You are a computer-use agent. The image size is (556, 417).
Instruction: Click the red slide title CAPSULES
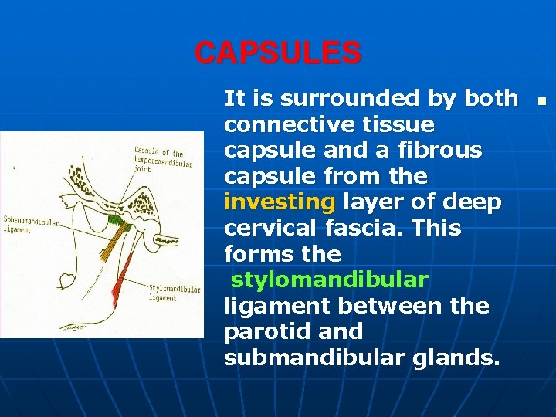277,53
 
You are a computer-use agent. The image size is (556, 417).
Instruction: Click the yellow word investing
280,202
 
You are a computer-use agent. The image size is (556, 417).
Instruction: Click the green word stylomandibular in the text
329,280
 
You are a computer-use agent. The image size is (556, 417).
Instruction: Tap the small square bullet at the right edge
542,100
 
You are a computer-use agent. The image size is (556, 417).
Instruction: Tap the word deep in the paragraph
473,202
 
